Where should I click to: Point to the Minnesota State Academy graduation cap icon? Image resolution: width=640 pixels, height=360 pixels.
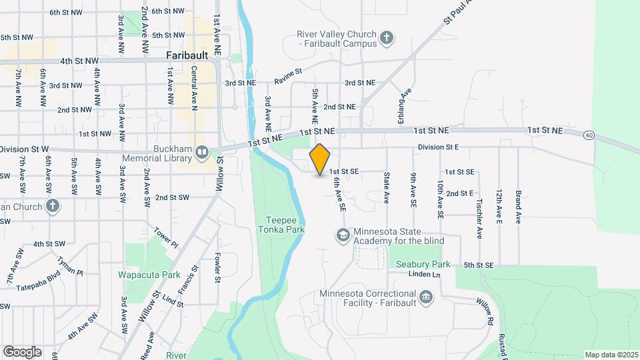click(343, 235)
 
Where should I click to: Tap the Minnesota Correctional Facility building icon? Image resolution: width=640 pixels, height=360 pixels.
click(425, 295)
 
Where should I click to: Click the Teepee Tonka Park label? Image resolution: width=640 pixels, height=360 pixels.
click(285, 224)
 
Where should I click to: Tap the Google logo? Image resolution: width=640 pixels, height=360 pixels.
click(22, 351)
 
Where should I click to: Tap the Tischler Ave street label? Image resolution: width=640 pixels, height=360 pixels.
click(479, 221)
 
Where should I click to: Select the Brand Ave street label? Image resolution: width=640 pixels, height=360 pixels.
click(518, 207)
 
